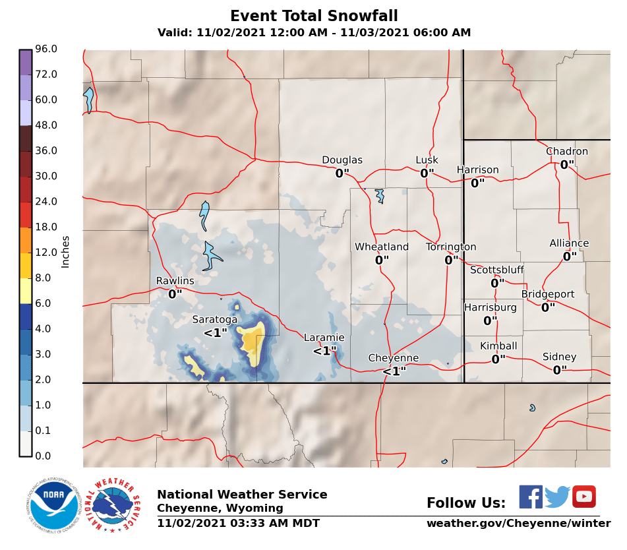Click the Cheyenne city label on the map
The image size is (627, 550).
[x=393, y=358]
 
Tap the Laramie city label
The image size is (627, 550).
[x=324, y=338]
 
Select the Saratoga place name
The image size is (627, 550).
[x=214, y=319]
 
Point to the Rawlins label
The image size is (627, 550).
[x=175, y=281]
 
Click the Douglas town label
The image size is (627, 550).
[x=342, y=160]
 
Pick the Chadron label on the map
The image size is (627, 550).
[x=566, y=152]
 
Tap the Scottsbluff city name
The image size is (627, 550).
[x=496, y=270]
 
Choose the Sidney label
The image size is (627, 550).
[x=559, y=357]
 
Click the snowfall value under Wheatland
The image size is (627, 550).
[x=382, y=260]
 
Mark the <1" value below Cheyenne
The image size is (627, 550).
[x=394, y=371]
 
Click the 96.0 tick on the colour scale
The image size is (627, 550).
[x=45, y=49]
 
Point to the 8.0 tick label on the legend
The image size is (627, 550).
[x=43, y=278]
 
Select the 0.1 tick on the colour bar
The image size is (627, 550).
[x=43, y=431]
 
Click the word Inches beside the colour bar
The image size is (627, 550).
[x=65, y=251]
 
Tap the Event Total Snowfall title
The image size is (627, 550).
[x=314, y=16]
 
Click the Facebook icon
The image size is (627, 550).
[x=530, y=497]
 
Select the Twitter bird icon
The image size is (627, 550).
[x=557, y=497]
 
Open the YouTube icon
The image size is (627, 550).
[x=583, y=497]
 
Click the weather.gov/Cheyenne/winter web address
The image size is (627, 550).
[x=518, y=524]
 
